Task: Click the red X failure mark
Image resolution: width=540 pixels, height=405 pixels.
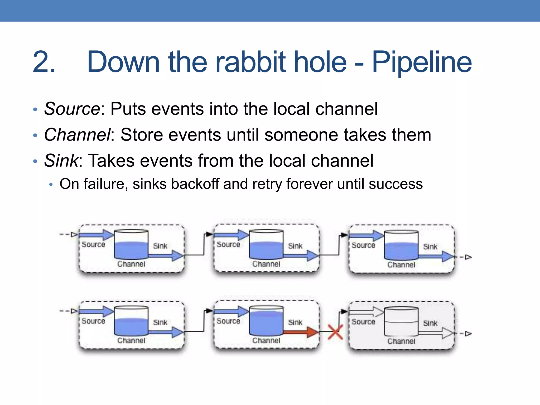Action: click(x=335, y=332)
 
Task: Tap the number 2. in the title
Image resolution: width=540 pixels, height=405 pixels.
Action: click(x=44, y=62)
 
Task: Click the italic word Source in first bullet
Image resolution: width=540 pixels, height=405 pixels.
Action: click(x=72, y=109)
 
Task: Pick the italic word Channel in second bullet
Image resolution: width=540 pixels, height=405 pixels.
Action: click(x=77, y=135)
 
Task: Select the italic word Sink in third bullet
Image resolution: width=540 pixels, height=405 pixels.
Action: click(x=61, y=161)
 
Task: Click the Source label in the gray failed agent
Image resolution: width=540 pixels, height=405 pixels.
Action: click(x=363, y=322)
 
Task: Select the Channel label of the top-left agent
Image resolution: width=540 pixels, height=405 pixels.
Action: click(x=131, y=264)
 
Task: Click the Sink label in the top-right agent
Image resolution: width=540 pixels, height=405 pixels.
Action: click(x=430, y=247)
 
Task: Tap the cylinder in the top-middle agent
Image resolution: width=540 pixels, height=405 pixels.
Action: click(x=266, y=245)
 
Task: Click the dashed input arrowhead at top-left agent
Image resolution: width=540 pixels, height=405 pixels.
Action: click(x=75, y=234)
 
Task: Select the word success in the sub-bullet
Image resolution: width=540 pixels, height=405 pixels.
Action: click(x=396, y=184)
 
